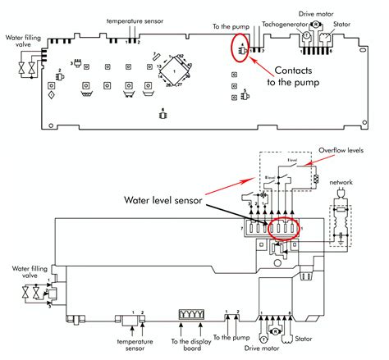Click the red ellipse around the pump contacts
pyautogui.click(x=240, y=50)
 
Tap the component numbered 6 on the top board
pyautogui.click(x=162, y=113)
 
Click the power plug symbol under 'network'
pyautogui.click(x=340, y=196)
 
